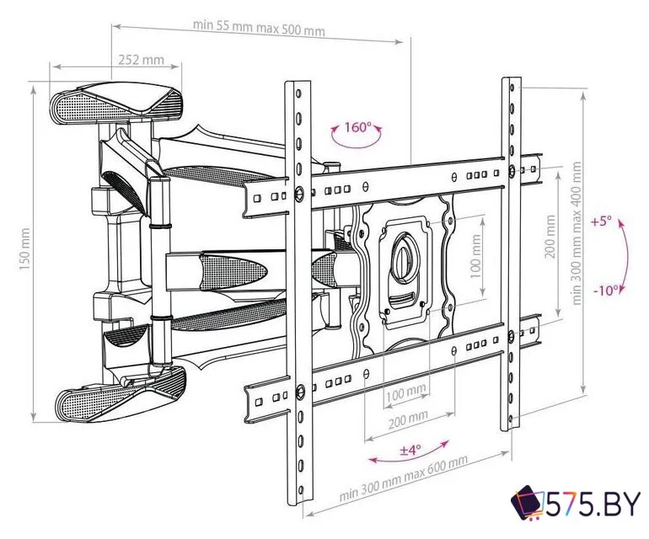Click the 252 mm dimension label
click(x=141, y=60)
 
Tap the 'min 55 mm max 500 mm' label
click(x=259, y=28)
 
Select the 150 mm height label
click(x=24, y=249)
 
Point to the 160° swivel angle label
click(x=357, y=127)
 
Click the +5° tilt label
click(x=601, y=221)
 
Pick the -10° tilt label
click(x=606, y=291)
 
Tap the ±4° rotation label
click(x=410, y=450)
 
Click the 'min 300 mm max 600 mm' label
click(x=404, y=478)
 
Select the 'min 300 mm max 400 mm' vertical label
click(x=577, y=233)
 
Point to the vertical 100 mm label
click(x=476, y=257)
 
